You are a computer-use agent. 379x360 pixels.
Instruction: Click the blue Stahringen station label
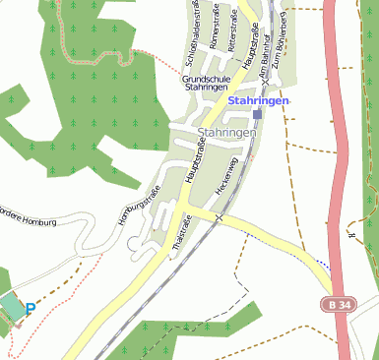[258, 100]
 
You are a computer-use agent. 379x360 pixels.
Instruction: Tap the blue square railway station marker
[258, 114]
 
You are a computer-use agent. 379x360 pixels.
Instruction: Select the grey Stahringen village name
[226, 132]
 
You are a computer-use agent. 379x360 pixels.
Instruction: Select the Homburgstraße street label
[139, 207]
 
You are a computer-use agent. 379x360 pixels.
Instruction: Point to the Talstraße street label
[180, 233]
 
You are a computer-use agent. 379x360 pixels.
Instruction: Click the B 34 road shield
[340, 306]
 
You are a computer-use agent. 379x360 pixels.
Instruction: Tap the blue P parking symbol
[30, 309]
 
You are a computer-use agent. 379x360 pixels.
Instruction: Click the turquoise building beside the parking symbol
[11, 306]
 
